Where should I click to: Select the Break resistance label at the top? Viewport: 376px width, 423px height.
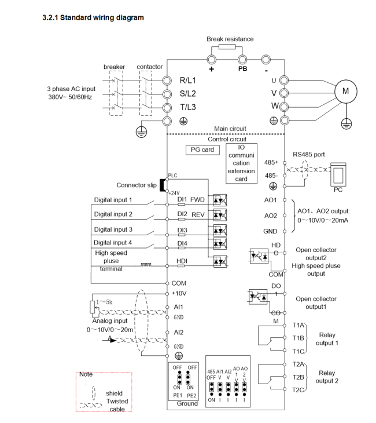point(230,39)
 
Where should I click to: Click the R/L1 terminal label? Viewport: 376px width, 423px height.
point(189,80)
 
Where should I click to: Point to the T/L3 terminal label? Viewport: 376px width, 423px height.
point(189,106)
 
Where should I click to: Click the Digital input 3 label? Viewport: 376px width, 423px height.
point(114,229)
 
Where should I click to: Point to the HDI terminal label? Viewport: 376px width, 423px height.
point(181,262)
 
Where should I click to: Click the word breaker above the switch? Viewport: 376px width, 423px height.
point(114,67)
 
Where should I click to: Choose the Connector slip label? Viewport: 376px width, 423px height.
point(137,185)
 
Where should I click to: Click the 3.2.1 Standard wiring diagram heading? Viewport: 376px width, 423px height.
point(93,18)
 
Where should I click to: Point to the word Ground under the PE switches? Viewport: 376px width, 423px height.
point(188,403)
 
